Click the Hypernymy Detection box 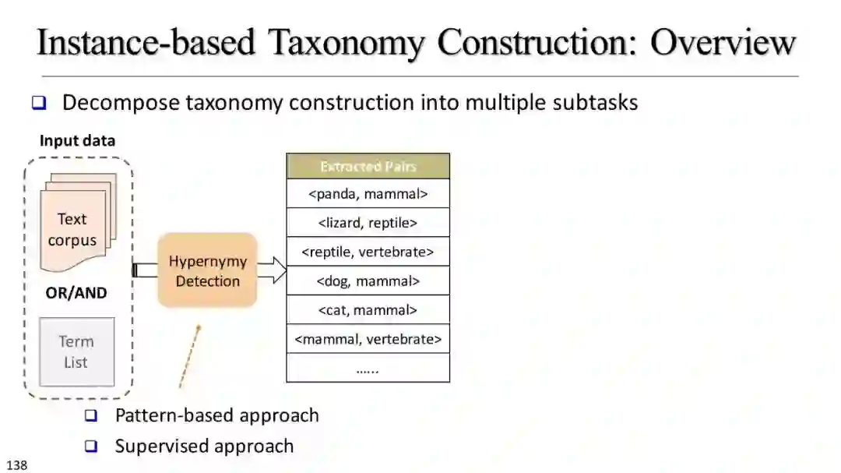pyautogui.click(x=207, y=270)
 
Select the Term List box pyautogui.click(x=76, y=351)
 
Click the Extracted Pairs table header pyautogui.click(x=368, y=167)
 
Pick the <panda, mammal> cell pyautogui.click(x=368, y=194)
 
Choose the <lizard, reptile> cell pyautogui.click(x=368, y=223)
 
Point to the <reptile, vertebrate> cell pyautogui.click(x=368, y=252)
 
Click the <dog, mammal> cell pyautogui.click(x=368, y=281)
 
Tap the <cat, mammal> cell pyautogui.click(x=368, y=310)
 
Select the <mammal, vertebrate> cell pyautogui.click(x=368, y=339)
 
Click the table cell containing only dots pyautogui.click(x=368, y=368)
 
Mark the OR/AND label pyautogui.click(x=76, y=294)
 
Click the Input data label pyautogui.click(x=77, y=141)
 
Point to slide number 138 pyautogui.click(x=16, y=465)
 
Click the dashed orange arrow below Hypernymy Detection pyautogui.click(x=189, y=356)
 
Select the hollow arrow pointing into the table pyautogui.click(x=272, y=270)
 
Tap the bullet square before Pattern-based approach pyautogui.click(x=91, y=416)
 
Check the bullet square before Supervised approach pyautogui.click(x=91, y=447)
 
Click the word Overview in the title pyautogui.click(x=723, y=43)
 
